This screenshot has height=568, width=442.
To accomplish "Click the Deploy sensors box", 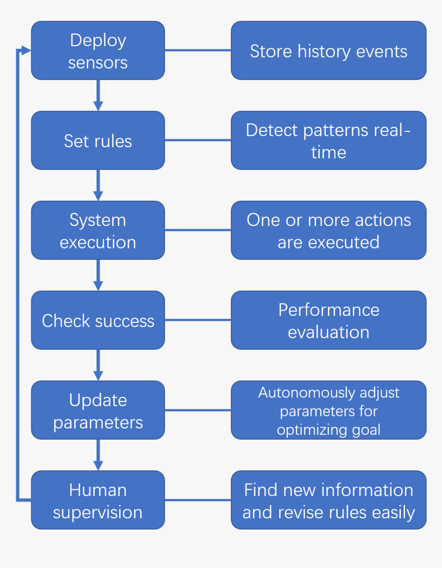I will pos(98,51).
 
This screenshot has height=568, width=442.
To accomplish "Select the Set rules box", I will pos(98,141).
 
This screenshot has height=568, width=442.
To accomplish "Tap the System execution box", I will pos(98,231).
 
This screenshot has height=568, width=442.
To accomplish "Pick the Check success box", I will pos(98,320).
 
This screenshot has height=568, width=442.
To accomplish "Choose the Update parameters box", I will pos(98,410).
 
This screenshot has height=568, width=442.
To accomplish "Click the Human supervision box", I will pos(98,500).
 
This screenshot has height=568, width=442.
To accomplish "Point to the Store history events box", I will pos(328,51).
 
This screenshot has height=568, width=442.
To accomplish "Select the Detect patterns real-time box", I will pos(328,141).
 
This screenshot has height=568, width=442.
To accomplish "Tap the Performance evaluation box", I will pos(328,320).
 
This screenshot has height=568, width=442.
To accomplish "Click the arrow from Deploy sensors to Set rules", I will pos(98,96).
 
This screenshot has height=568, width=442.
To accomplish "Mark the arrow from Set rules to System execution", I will pos(98,185).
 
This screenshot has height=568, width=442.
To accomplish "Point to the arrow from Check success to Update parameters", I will pos(98,365).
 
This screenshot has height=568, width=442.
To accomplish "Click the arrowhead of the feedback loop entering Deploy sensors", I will pos(26,50).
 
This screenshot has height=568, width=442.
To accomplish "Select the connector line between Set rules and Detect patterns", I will pos(198,140).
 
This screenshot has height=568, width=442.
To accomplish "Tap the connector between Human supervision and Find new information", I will pos(198,500).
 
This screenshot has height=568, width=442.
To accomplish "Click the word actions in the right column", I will pos(382,220).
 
